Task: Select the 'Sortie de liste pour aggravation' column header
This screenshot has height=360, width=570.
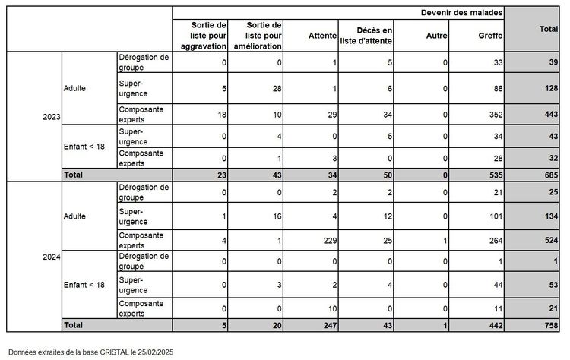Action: pyautogui.click(x=202, y=36)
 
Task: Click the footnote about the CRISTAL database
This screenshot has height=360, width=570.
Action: pyautogui.click(x=90, y=352)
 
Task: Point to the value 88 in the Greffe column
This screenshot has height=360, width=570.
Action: pyautogui.click(x=497, y=88)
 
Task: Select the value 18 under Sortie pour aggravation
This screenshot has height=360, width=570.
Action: pyautogui.click(x=221, y=114)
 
